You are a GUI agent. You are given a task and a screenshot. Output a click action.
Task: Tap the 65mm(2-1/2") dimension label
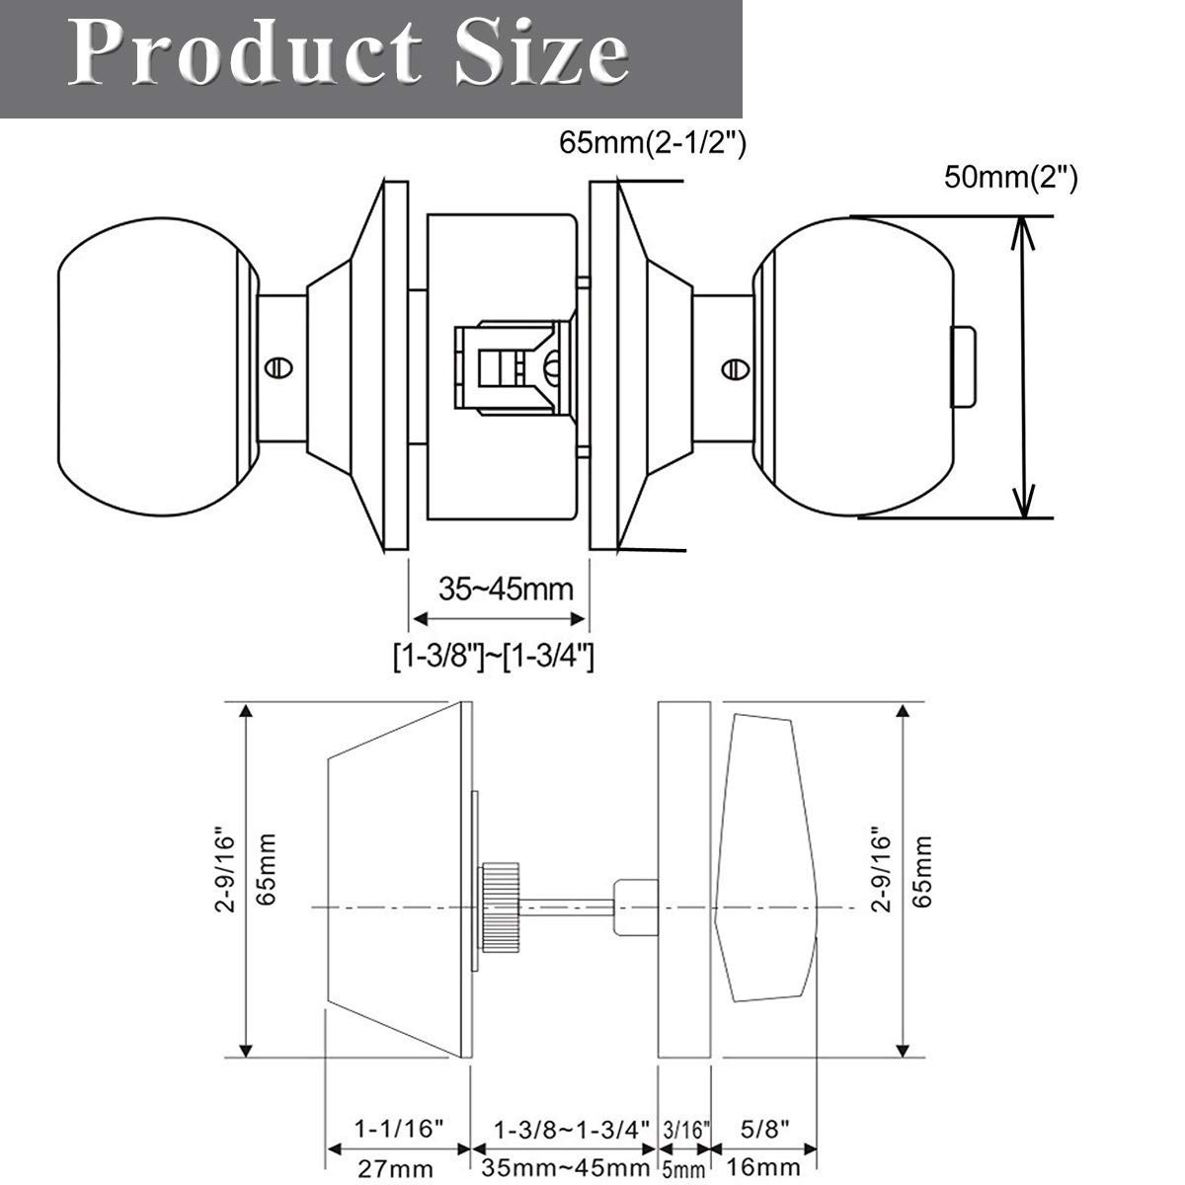[x=653, y=143]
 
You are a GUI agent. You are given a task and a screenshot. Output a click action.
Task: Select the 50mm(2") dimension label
[x=1010, y=178]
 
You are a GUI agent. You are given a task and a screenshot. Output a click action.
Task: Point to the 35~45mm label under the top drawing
[x=506, y=590]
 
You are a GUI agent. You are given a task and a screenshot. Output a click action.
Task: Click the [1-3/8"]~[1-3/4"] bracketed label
[x=492, y=656]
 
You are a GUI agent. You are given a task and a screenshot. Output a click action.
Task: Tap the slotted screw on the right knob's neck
[x=734, y=367]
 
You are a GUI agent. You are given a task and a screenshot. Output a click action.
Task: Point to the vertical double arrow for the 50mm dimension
[x=1023, y=366]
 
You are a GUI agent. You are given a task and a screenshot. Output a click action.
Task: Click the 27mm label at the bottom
[x=394, y=1169]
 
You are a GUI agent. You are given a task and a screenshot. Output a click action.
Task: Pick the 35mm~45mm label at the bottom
[x=566, y=1169]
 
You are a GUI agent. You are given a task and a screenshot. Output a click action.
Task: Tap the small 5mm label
[x=683, y=1170]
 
